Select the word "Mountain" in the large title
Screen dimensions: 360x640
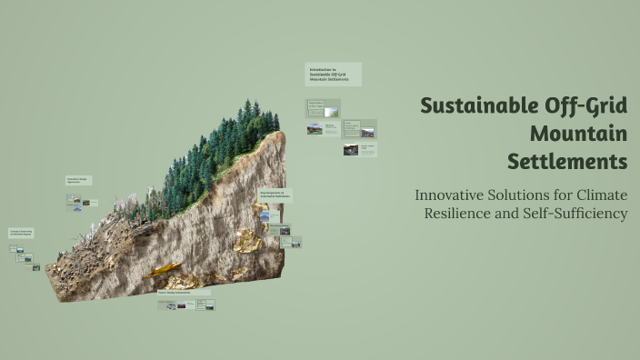tap(578, 134)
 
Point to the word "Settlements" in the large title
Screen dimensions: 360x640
tap(567, 162)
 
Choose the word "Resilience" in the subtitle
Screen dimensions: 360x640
tap(461, 214)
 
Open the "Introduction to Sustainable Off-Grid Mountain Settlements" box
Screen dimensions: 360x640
tap(333, 74)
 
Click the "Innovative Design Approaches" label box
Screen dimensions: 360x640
tap(78, 181)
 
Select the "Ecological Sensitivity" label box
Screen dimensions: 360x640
tap(21, 233)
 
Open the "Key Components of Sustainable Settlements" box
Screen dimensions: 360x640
tap(275, 194)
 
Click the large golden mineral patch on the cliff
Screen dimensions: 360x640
tap(247, 240)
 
